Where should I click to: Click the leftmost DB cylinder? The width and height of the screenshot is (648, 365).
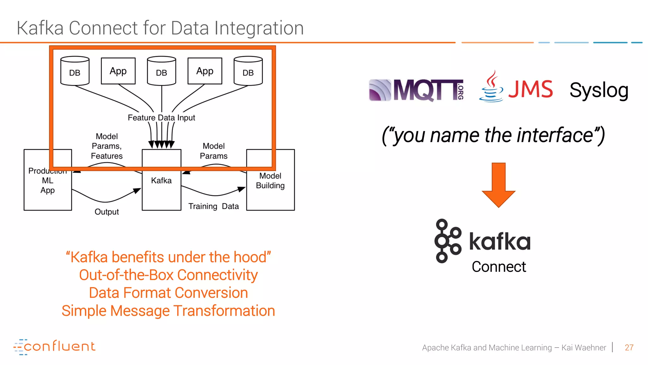point(75,71)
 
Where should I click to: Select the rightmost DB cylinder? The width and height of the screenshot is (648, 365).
point(248,71)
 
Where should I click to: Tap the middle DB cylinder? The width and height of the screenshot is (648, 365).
point(161,71)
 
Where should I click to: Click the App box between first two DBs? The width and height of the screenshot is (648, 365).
point(118,71)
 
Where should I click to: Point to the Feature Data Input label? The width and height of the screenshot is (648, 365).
point(161,118)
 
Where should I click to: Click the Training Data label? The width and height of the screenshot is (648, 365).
point(214,206)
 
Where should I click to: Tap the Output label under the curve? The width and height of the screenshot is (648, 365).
point(107,212)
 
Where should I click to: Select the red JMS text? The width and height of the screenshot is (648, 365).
point(531,89)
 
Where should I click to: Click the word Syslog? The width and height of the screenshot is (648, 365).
point(599,90)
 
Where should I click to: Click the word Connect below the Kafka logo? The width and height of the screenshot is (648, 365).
point(499,267)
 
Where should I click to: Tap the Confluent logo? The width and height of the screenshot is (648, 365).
point(54,346)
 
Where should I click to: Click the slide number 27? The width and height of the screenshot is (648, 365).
point(629,348)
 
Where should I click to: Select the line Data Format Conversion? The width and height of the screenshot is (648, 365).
point(168,293)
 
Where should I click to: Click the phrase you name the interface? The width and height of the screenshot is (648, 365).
point(493,135)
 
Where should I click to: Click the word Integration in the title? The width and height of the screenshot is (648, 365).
point(259,28)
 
